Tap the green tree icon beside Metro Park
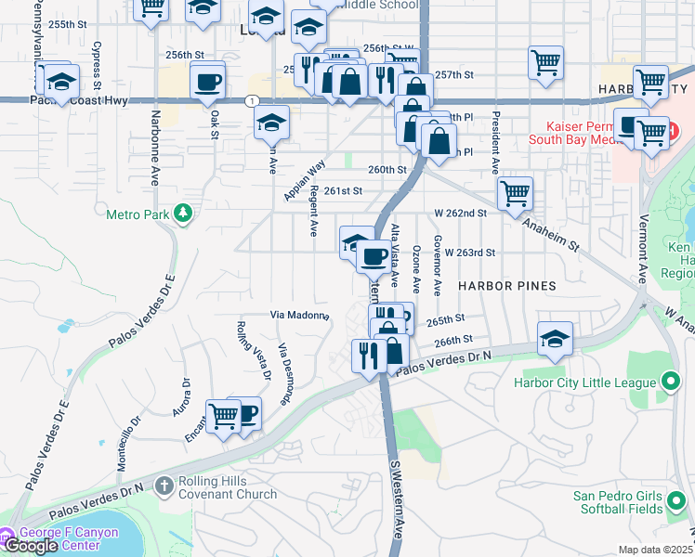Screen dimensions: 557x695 185,214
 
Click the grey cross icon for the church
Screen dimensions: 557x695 164,486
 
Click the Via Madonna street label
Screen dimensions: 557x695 299,316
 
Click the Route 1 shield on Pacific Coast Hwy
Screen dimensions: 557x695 253,99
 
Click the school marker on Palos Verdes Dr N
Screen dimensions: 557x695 555,339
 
